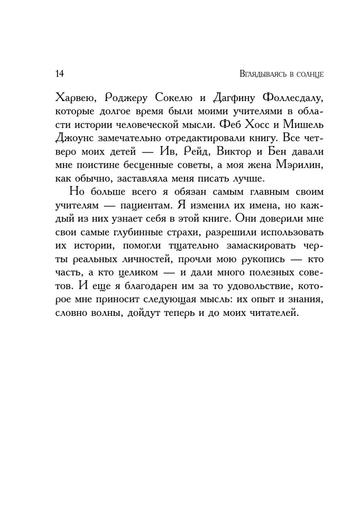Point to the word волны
[105, 313]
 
